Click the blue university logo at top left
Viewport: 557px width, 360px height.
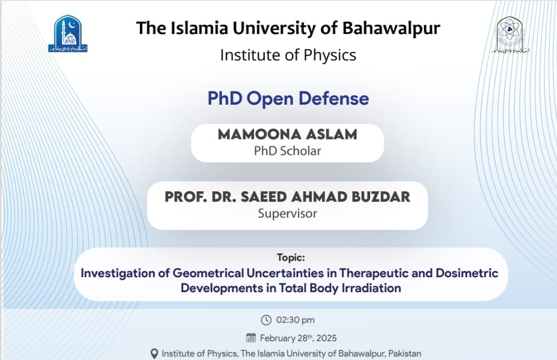tap(67, 34)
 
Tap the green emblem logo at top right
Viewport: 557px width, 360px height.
tap(509, 35)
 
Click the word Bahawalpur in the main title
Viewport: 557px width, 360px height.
tap(391, 28)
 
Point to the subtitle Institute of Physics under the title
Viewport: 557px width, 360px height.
tap(288, 54)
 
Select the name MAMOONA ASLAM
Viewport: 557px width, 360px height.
tap(287, 135)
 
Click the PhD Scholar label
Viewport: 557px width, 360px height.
tap(287, 151)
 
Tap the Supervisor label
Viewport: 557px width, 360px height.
tap(287, 213)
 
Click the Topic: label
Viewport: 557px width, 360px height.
tap(290, 257)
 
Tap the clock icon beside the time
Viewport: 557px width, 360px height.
tap(266, 320)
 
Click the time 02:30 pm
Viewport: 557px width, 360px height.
tap(295, 320)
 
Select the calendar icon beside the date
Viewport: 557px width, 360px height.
tap(251, 337)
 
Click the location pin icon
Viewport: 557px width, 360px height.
tap(154, 354)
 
